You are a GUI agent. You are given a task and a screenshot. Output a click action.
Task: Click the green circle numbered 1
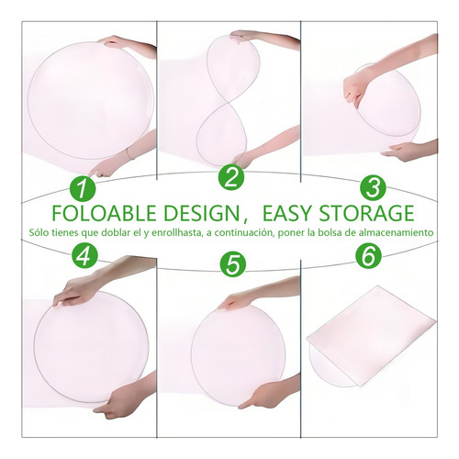point(84,188)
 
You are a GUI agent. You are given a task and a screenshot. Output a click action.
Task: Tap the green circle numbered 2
point(230,178)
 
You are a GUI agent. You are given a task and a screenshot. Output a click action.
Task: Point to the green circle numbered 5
point(231,264)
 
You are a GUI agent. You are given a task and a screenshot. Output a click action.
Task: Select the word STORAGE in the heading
point(373,214)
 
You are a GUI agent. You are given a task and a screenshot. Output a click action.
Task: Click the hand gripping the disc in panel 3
point(360,90)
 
